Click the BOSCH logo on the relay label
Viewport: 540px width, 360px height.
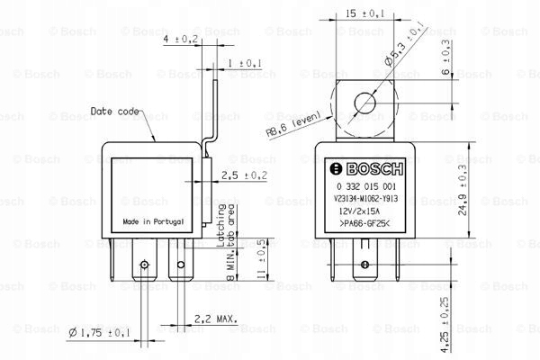(366, 169)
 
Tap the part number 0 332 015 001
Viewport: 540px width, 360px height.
(366, 186)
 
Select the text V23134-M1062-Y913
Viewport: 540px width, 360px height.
(365, 199)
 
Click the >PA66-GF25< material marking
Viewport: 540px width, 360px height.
(364, 223)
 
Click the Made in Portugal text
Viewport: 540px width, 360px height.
(153, 221)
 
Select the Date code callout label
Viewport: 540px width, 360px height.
(114, 112)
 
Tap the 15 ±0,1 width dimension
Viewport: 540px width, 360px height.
(364, 13)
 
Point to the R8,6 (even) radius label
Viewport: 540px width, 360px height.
(293, 123)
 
